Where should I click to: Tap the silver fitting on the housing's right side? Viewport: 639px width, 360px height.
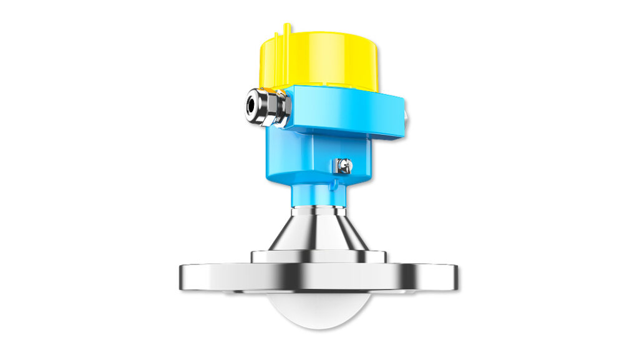[407, 115]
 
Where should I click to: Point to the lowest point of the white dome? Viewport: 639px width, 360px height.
[318, 336]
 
